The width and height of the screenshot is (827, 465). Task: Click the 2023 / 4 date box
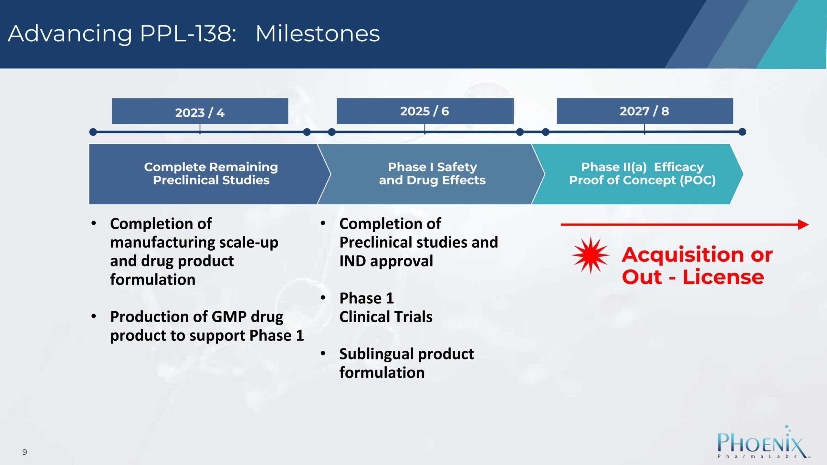point(200,111)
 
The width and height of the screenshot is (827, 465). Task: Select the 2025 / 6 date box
point(425,111)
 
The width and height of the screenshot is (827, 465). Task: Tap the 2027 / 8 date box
point(645,111)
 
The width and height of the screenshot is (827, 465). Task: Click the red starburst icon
point(591,255)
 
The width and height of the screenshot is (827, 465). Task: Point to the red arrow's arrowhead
point(803,224)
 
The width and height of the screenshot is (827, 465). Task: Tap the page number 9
point(25,452)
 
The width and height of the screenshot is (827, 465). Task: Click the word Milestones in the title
point(318,34)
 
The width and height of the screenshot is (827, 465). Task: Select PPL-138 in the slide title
point(188,34)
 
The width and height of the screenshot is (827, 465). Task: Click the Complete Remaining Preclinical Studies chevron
point(210,174)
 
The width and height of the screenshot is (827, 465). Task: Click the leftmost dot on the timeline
point(93,132)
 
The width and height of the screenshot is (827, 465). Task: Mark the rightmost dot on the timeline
point(742,132)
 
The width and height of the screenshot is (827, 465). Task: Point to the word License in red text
point(723,277)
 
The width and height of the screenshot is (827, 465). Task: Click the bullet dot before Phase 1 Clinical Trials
point(323,297)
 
